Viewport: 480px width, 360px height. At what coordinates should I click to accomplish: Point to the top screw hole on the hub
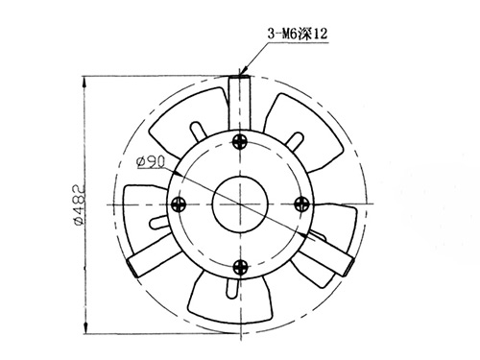coord(239,142)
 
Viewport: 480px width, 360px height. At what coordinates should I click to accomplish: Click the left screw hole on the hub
coord(178,204)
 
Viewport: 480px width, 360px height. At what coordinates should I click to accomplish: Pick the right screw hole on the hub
coord(300,203)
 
